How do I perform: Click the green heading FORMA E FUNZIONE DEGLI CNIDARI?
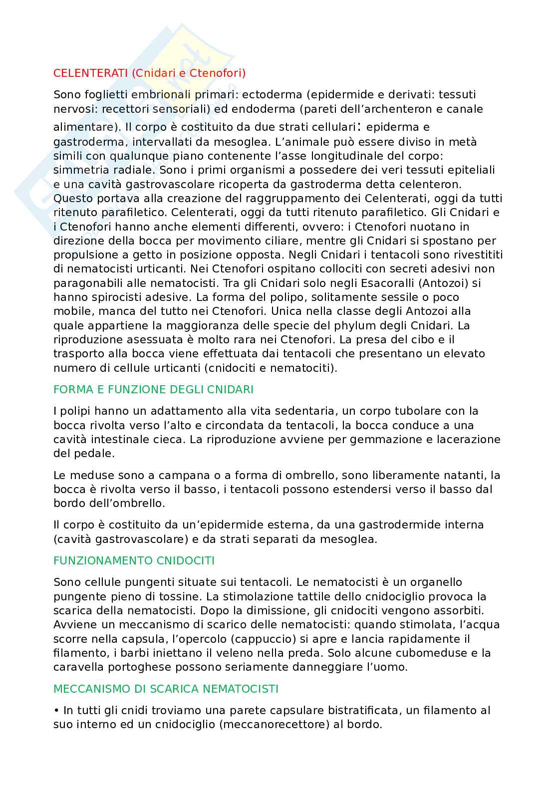click(x=153, y=389)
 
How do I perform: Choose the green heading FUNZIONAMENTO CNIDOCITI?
click(x=134, y=560)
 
